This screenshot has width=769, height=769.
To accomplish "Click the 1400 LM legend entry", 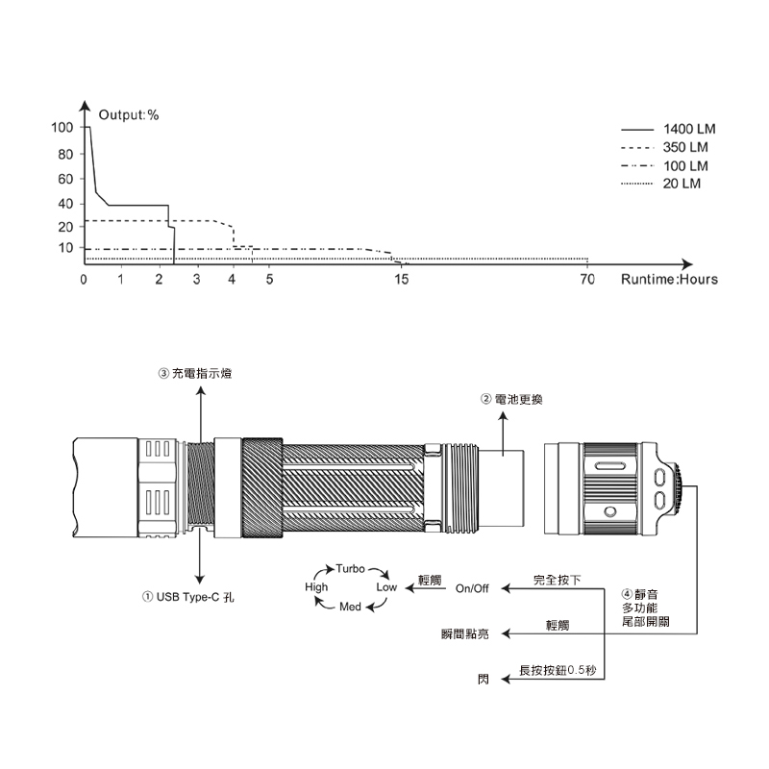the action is [x=668, y=129].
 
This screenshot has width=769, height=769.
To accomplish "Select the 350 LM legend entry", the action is [x=664, y=147].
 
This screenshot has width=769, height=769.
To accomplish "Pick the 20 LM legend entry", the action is [x=660, y=184].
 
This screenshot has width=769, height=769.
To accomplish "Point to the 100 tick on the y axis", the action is [x=62, y=128].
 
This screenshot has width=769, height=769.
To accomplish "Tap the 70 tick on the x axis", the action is [x=587, y=279].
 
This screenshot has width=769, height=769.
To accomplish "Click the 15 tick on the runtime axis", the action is [x=401, y=279].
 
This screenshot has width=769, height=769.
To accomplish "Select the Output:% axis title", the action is [x=129, y=114].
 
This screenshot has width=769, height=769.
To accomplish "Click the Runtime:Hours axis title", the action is [x=669, y=279].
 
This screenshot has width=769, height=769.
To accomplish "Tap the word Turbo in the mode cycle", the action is [x=350, y=569].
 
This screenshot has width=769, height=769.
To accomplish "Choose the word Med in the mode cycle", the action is [x=350, y=607].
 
